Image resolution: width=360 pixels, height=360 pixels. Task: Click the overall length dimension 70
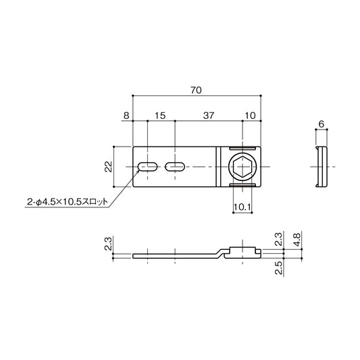(x=196, y=90)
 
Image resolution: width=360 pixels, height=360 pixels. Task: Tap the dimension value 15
(x=160, y=116)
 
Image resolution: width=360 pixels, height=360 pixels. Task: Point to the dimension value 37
(x=208, y=116)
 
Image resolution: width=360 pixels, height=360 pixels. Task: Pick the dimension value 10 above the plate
(x=251, y=116)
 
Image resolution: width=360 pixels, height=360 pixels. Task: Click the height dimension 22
(x=108, y=167)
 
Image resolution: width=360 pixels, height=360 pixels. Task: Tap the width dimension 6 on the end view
(x=322, y=124)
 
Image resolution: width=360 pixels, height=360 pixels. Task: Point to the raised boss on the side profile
(x=242, y=249)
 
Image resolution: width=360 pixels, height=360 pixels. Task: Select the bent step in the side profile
(x=220, y=253)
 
